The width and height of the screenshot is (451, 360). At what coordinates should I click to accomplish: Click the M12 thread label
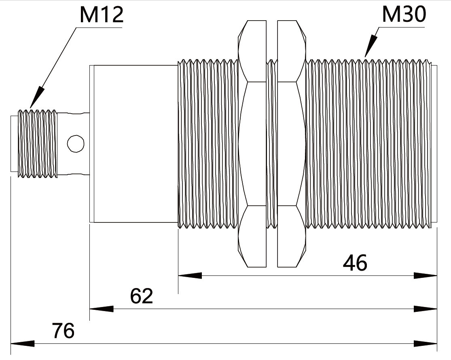(102, 15)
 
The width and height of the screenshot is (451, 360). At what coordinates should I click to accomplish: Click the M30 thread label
(404, 15)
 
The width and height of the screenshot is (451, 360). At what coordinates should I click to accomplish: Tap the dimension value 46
(355, 263)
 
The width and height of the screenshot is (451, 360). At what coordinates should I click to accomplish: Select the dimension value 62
(142, 296)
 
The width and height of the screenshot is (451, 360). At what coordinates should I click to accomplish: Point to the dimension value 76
(63, 331)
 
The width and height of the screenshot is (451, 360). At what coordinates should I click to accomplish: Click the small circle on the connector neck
(76, 143)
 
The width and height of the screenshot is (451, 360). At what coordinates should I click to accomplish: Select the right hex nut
(291, 144)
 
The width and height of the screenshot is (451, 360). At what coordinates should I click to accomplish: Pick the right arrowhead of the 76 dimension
(426, 343)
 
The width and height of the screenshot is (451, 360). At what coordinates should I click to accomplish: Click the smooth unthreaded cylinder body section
(133, 144)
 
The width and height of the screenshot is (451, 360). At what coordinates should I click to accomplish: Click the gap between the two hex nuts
(272, 144)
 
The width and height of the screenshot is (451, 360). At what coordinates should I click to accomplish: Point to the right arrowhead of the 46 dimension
(426, 275)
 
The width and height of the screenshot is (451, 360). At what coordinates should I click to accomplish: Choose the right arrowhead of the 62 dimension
(426, 309)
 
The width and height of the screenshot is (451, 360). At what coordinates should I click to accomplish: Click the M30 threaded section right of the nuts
(368, 144)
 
